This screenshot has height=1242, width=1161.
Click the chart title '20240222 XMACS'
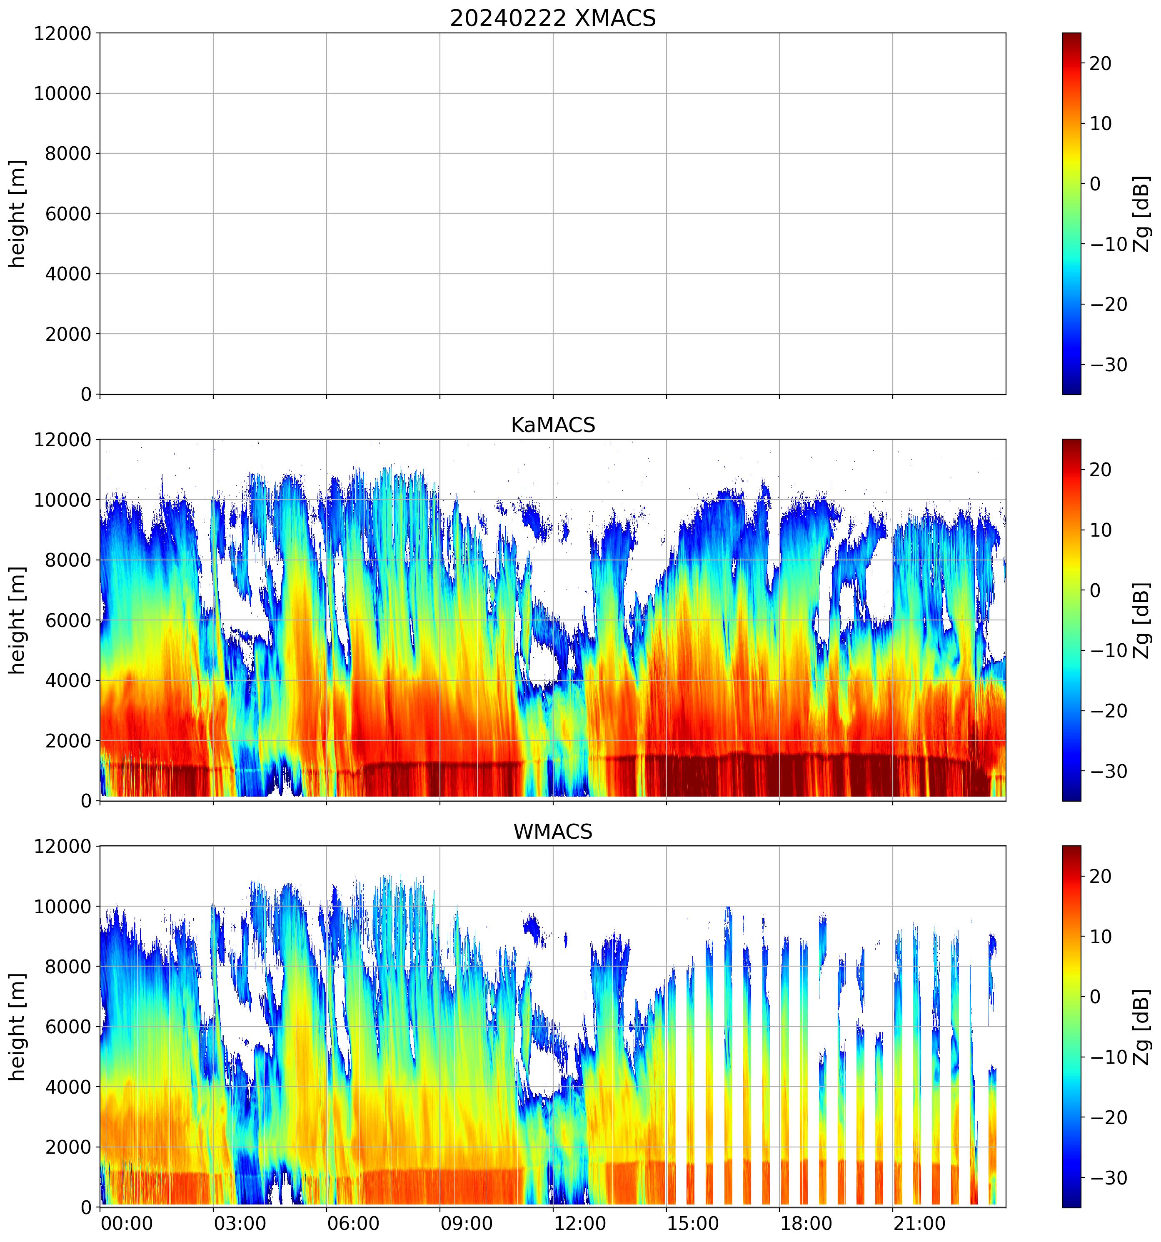pyautogui.click(x=553, y=18)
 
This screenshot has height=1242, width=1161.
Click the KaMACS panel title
pyautogui.click(x=553, y=425)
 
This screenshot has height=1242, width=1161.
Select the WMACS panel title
pyautogui.click(x=553, y=832)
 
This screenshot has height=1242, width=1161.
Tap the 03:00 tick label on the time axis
pyautogui.click(x=240, y=1223)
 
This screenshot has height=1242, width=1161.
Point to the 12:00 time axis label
pyautogui.click(x=579, y=1223)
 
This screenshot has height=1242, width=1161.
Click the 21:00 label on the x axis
pyautogui.click(x=919, y=1223)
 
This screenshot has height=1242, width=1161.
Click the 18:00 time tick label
pyautogui.click(x=806, y=1223)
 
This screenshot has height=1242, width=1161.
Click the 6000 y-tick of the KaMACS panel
pyautogui.click(x=68, y=620)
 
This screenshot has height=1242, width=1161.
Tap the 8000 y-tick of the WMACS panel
pyautogui.click(x=68, y=967)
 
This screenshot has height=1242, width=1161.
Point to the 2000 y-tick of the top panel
pyautogui.click(x=68, y=334)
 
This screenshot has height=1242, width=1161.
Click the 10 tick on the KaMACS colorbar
pyautogui.click(x=1101, y=530)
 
